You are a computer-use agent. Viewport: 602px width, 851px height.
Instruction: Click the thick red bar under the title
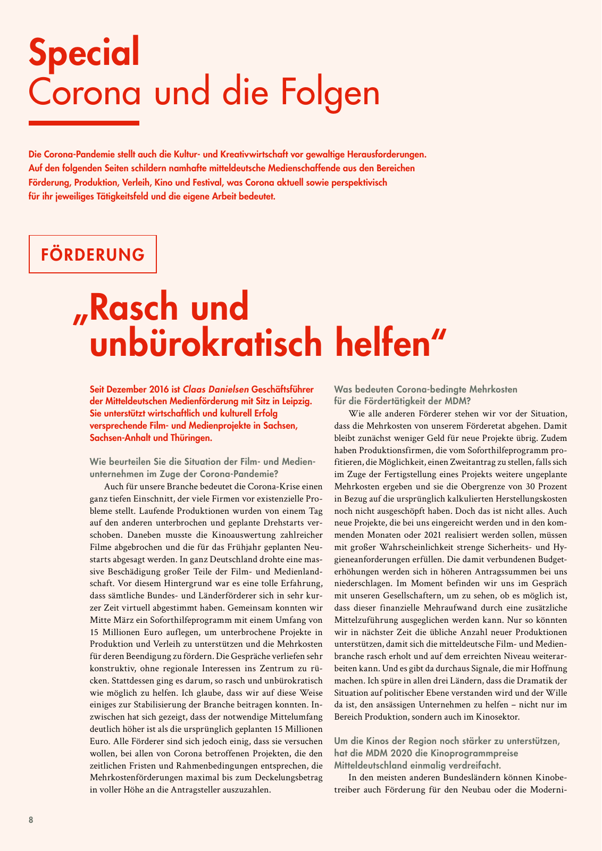(x=83, y=123)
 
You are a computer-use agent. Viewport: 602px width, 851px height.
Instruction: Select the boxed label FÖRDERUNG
(x=93, y=254)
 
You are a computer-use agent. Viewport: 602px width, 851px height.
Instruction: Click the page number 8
(x=31, y=820)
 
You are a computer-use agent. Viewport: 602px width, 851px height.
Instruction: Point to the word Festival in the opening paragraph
(x=200, y=183)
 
